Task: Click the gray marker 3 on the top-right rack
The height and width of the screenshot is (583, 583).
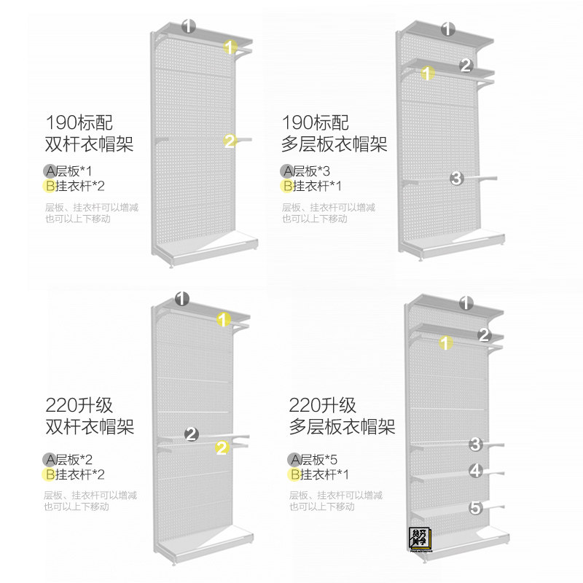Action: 457,177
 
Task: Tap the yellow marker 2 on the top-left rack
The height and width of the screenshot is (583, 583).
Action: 230,141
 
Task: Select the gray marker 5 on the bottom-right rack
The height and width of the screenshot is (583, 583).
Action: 476,507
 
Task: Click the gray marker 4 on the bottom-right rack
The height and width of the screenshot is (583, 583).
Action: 476,470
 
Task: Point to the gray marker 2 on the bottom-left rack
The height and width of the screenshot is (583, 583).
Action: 192,434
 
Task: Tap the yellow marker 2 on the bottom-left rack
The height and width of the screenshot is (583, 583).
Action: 222,448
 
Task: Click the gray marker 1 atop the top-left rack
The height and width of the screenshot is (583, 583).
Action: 189,26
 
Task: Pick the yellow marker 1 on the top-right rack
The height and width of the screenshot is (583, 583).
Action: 429,73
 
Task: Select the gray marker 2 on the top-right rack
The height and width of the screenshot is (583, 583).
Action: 467,66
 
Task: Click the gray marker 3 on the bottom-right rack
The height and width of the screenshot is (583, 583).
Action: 476,444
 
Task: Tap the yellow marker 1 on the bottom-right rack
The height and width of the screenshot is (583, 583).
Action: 446,343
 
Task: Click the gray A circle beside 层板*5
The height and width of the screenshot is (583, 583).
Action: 295,459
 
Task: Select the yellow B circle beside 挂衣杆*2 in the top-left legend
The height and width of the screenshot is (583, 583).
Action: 50,185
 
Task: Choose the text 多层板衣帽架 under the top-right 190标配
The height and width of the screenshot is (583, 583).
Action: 334,144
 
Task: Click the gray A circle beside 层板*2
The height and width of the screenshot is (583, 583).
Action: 50,459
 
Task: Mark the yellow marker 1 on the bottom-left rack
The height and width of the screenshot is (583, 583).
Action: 224,318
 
